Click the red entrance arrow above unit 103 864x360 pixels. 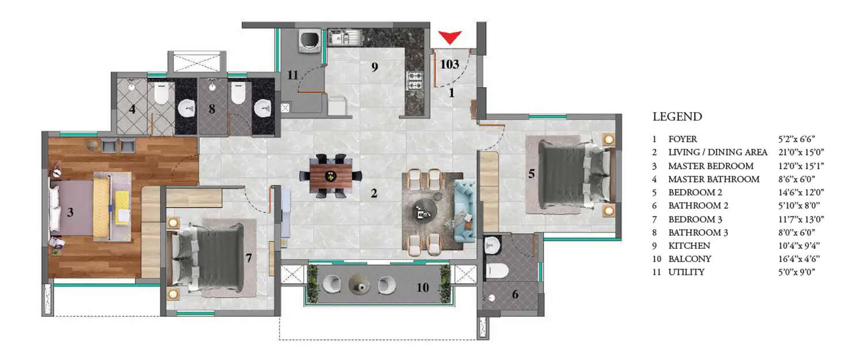[449, 38]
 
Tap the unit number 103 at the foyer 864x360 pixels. [449, 64]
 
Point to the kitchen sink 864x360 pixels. [344, 38]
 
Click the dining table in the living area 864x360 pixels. [330, 175]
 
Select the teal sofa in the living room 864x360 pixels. [464, 210]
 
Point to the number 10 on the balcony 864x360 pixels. [423, 286]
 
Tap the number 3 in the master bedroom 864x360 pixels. [70, 213]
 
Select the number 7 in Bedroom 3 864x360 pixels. [249, 258]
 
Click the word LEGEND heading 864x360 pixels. [677, 117]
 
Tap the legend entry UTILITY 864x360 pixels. [686, 272]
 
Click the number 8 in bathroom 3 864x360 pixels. [212, 108]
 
